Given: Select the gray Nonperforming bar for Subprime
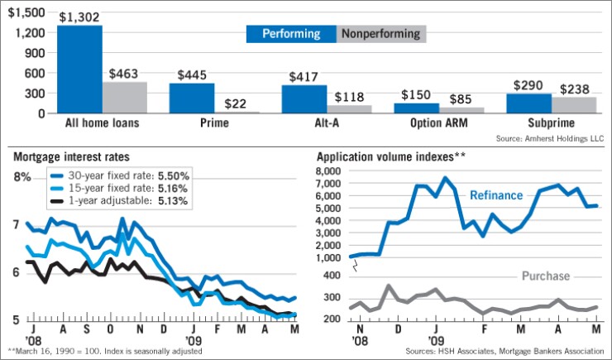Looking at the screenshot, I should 574,105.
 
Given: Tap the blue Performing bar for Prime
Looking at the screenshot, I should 192,98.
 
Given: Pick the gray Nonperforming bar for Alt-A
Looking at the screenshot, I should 349,109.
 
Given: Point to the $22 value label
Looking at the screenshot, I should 237,101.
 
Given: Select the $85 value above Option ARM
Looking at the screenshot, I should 461,98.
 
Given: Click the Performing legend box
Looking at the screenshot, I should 290,34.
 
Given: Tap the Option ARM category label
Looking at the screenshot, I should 438,125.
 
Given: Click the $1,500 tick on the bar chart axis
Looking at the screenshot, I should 26,12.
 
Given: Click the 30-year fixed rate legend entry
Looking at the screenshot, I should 121,175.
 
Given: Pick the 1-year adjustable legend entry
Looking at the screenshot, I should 121,201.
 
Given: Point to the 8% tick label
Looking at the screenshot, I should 21,176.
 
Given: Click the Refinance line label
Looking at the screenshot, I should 496,195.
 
